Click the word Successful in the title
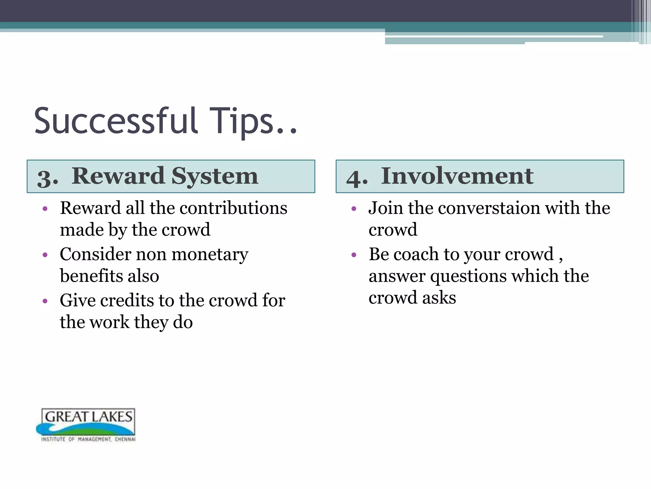[116, 121]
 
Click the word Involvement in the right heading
[457, 176]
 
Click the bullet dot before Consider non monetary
[45, 255]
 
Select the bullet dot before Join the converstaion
[354, 209]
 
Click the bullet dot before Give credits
[45, 301]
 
